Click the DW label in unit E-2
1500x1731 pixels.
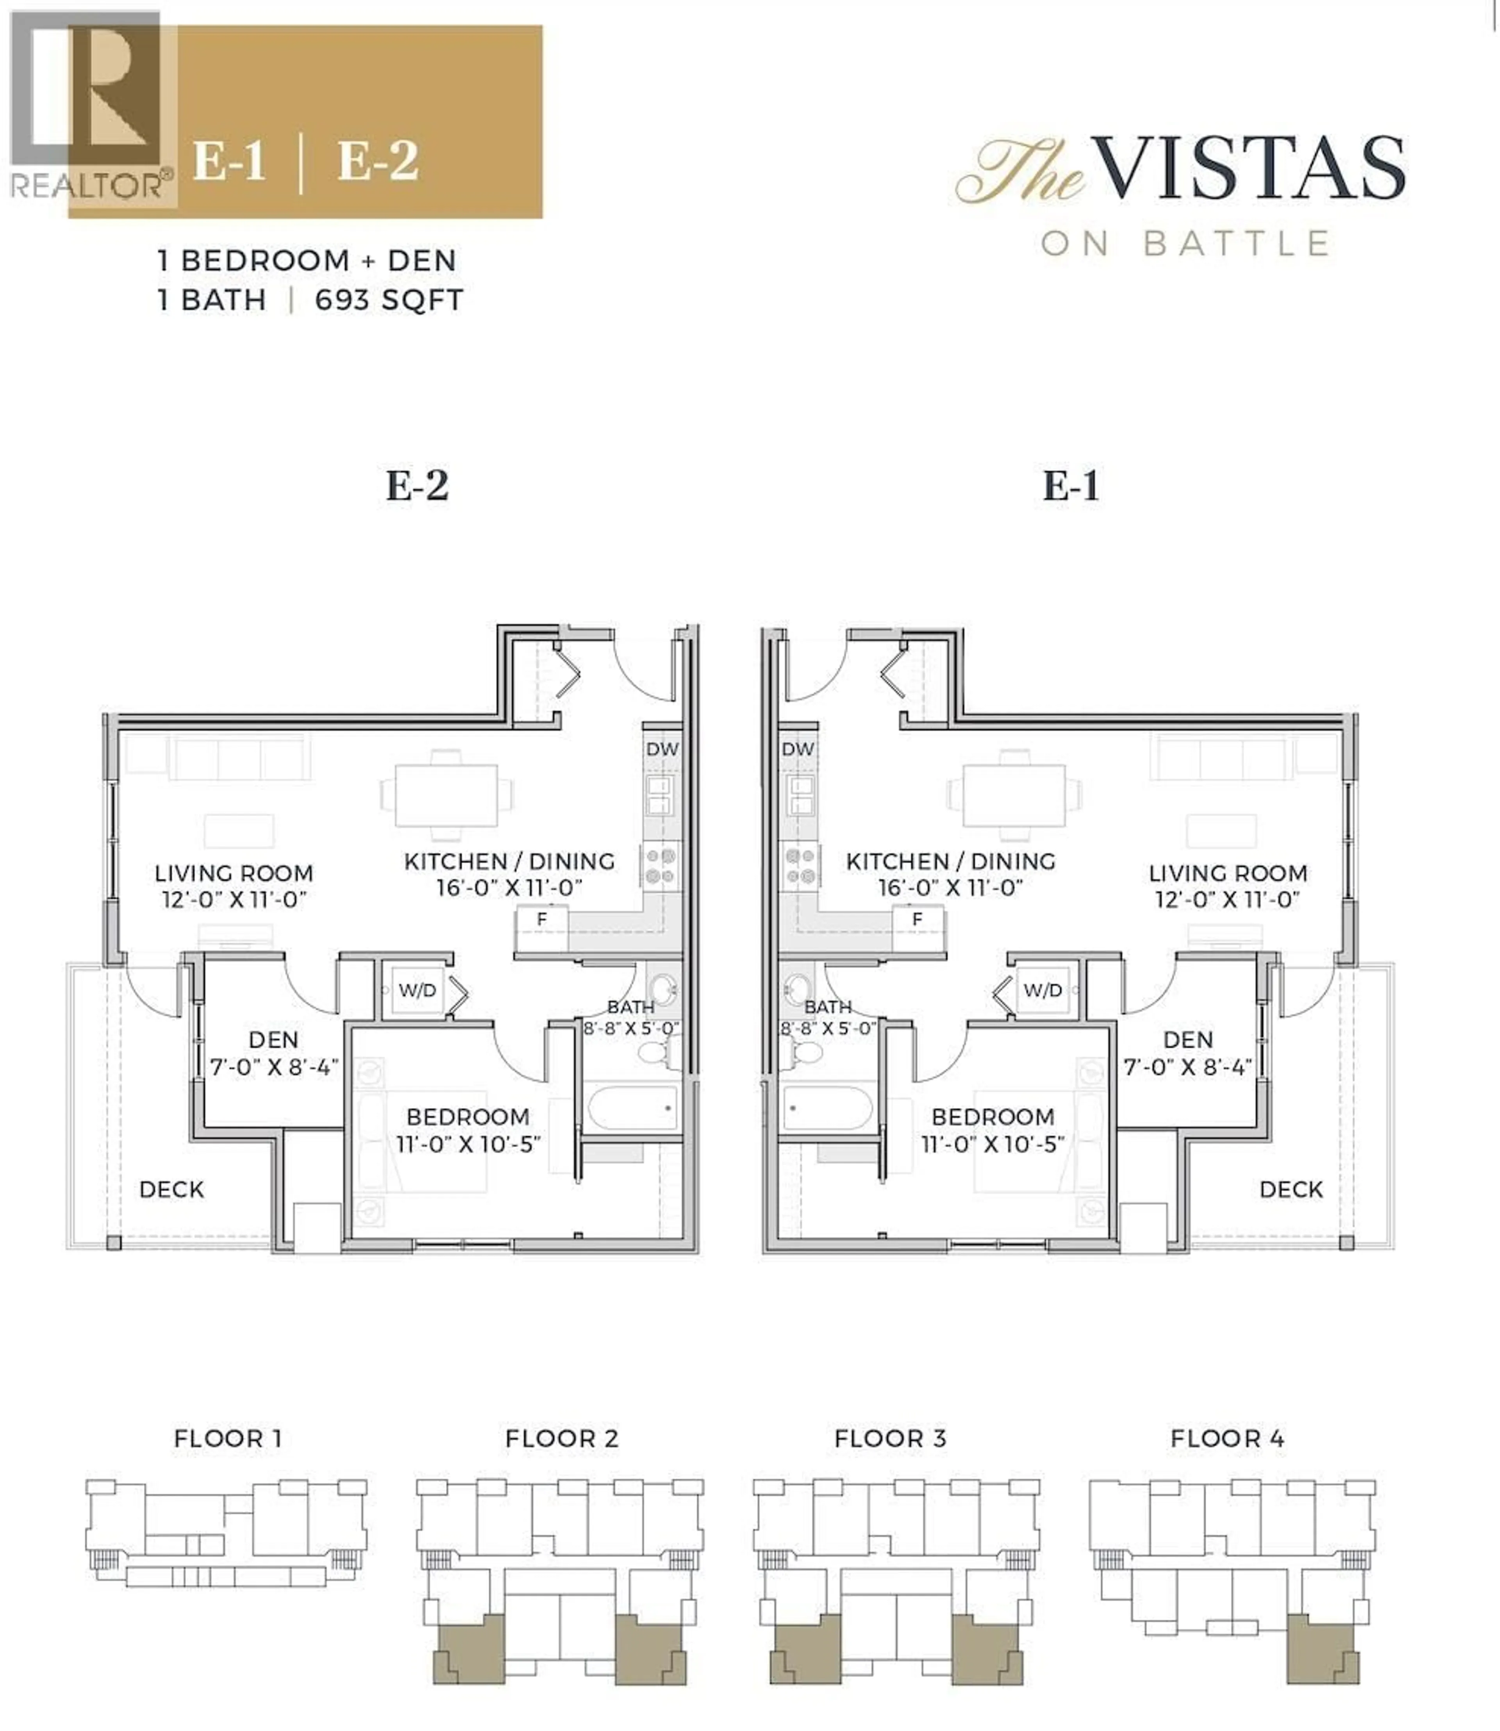pos(661,749)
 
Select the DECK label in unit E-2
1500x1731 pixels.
pos(171,1190)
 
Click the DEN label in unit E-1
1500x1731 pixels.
pos(1188,1040)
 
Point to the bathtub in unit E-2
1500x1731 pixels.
pos(633,1108)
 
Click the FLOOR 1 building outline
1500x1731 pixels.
pos(226,1532)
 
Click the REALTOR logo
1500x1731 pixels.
pos(88,109)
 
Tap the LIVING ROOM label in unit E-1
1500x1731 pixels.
pos(1227,873)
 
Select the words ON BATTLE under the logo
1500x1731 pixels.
pos(1185,244)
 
